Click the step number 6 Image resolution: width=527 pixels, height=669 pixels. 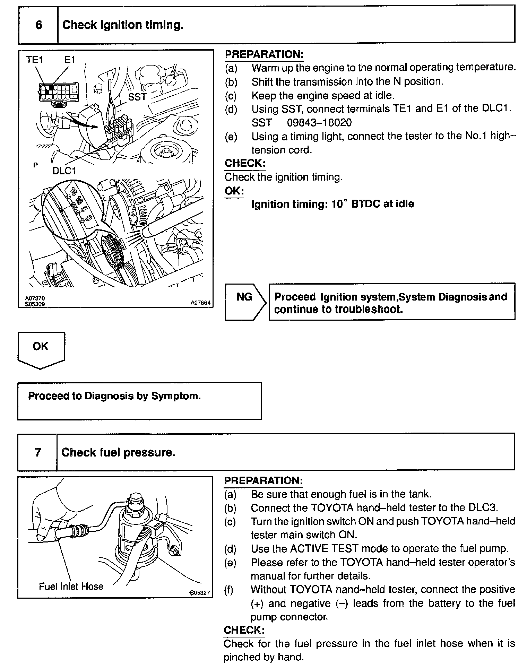(x=39, y=25)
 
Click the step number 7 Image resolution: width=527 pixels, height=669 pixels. (x=38, y=452)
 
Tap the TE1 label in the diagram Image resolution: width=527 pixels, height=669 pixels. (x=34, y=60)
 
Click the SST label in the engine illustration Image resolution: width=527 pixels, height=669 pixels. (x=137, y=97)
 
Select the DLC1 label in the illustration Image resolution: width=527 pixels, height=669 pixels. (x=64, y=171)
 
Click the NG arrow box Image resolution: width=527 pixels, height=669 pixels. (x=245, y=301)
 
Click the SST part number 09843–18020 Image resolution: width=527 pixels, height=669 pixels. (x=319, y=122)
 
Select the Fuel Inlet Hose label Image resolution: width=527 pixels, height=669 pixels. (x=71, y=586)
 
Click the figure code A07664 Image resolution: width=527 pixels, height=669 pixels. (x=200, y=303)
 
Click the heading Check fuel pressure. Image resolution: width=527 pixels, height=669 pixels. (x=118, y=452)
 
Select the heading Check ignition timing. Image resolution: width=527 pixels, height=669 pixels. (x=123, y=25)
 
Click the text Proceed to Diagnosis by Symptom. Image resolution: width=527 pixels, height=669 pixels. (x=114, y=396)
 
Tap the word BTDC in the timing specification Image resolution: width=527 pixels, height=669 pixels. (x=365, y=204)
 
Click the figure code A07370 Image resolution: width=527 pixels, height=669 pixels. (x=35, y=298)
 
